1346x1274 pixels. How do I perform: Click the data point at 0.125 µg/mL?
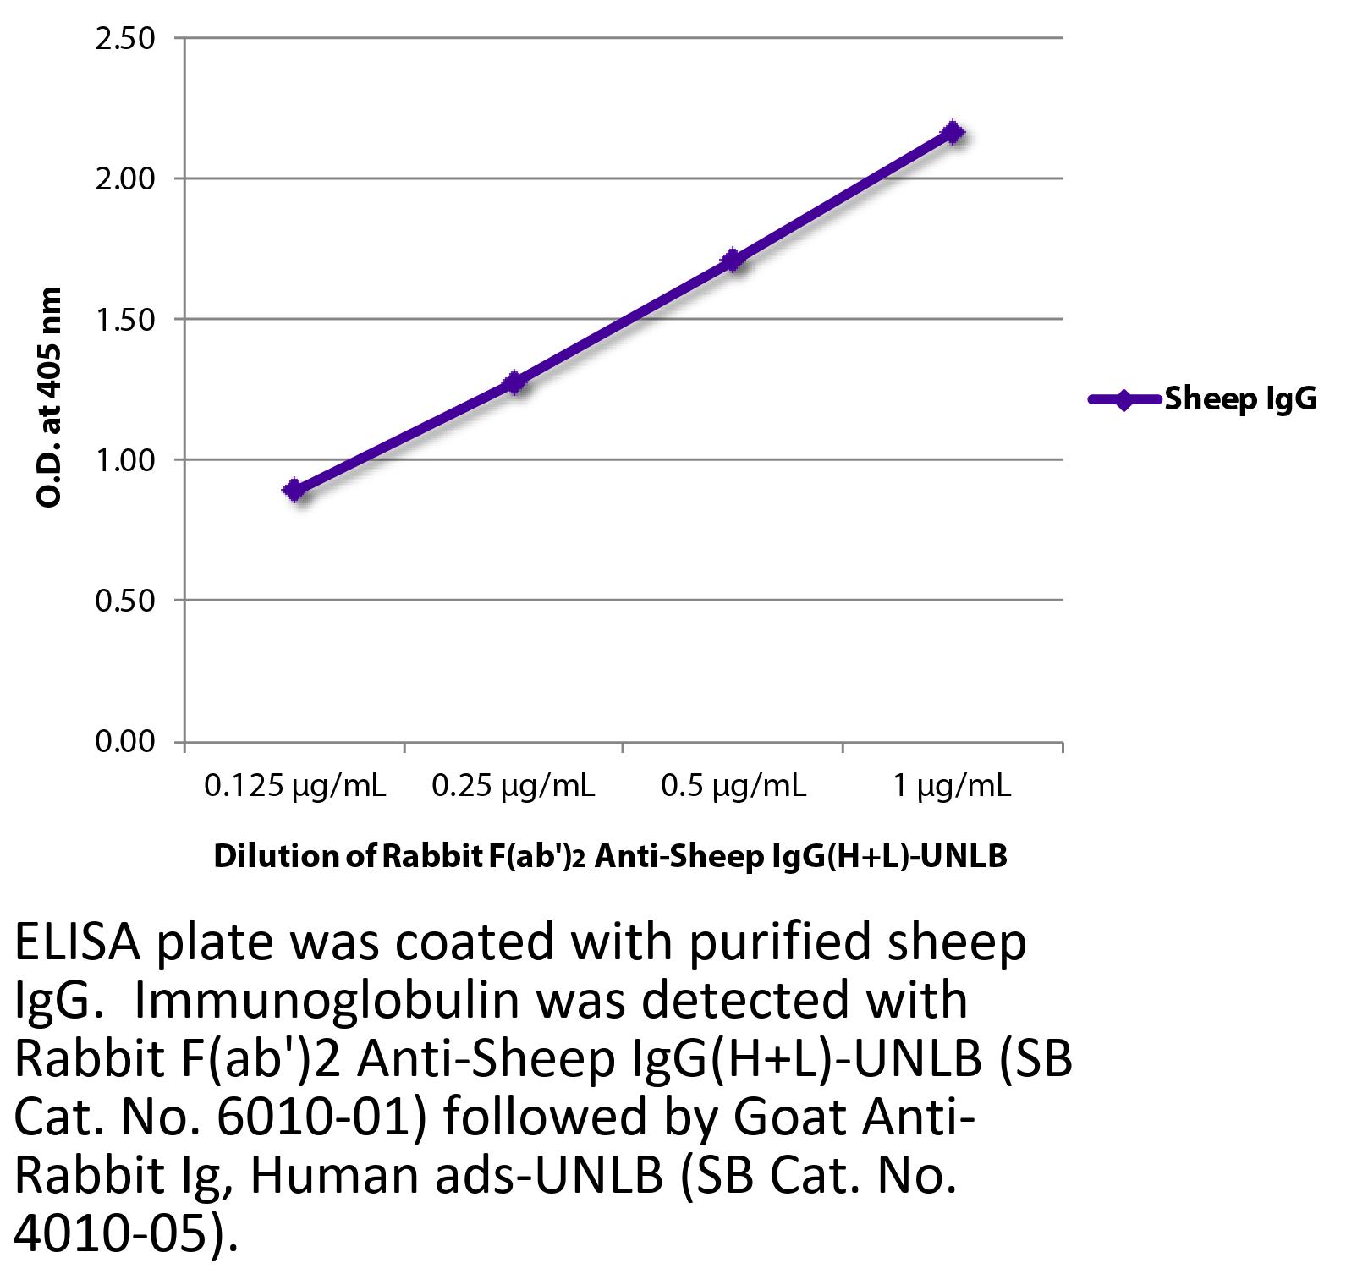click(x=294, y=490)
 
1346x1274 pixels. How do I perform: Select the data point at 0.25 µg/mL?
click(x=514, y=382)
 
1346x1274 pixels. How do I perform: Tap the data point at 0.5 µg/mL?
click(x=733, y=260)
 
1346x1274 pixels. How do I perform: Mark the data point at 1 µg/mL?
click(x=953, y=133)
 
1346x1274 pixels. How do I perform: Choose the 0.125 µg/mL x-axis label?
click(x=295, y=788)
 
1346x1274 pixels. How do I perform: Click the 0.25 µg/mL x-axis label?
click(x=514, y=788)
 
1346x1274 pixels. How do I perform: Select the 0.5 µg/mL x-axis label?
click(x=733, y=788)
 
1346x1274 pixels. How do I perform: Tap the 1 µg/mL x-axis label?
click(x=953, y=788)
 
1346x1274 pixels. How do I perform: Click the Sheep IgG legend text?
click(x=1240, y=399)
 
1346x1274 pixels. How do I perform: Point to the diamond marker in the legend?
click(x=1123, y=399)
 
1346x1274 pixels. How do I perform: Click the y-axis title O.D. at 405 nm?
click(x=50, y=398)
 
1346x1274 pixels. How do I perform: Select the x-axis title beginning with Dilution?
click(x=610, y=857)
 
